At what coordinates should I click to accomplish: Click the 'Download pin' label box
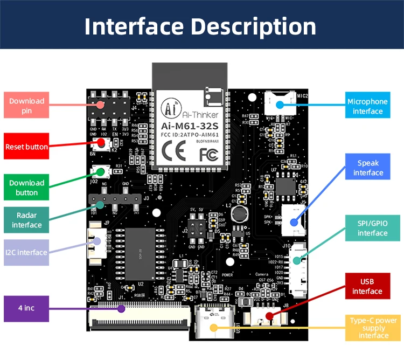click(27, 106)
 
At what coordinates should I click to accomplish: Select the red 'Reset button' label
click(27, 147)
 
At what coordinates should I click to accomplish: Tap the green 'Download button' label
click(27, 188)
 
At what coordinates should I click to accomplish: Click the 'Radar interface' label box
click(27, 220)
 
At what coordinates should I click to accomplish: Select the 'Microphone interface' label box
click(367, 106)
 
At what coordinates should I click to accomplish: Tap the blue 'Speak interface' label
click(367, 168)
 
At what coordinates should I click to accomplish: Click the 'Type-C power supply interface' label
click(373, 328)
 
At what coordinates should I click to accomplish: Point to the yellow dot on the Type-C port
click(213, 327)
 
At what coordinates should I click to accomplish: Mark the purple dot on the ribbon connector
click(122, 309)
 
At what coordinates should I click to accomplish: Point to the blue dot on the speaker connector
click(294, 221)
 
